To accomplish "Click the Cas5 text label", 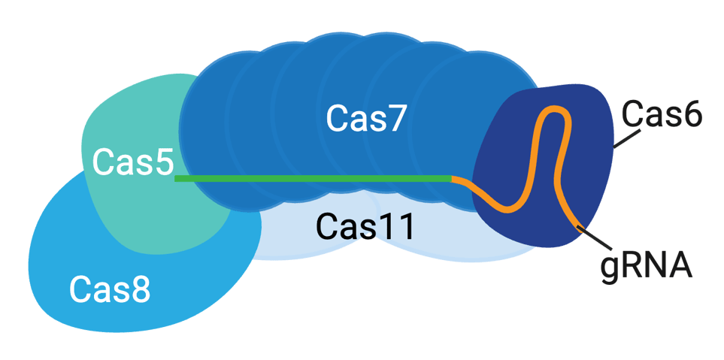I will (x=133, y=162).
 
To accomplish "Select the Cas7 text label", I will (x=366, y=119).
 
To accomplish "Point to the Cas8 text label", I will (x=110, y=289).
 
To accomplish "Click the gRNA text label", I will (x=646, y=265).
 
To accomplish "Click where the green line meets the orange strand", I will (x=452, y=179).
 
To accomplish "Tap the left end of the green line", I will (x=177, y=179).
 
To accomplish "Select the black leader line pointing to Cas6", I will (x=626, y=138).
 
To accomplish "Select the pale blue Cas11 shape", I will (x=301, y=241).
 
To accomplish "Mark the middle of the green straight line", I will (x=314, y=179).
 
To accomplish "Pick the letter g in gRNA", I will (x=610, y=268).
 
